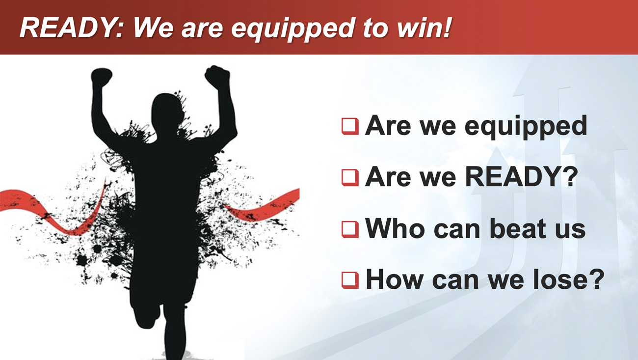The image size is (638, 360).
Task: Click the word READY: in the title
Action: tap(72, 28)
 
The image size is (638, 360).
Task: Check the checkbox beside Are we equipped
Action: tap(350, 126)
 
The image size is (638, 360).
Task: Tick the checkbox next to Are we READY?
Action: tap(350, 178)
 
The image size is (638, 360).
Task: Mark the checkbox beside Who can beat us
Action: tap(350, 229)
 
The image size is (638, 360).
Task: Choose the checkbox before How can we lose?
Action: tap(350, 280)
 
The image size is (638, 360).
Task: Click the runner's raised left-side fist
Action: tap(102, 77)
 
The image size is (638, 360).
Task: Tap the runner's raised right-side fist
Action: tap(217, 76)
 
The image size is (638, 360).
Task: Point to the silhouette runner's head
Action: tap(167, 114)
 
